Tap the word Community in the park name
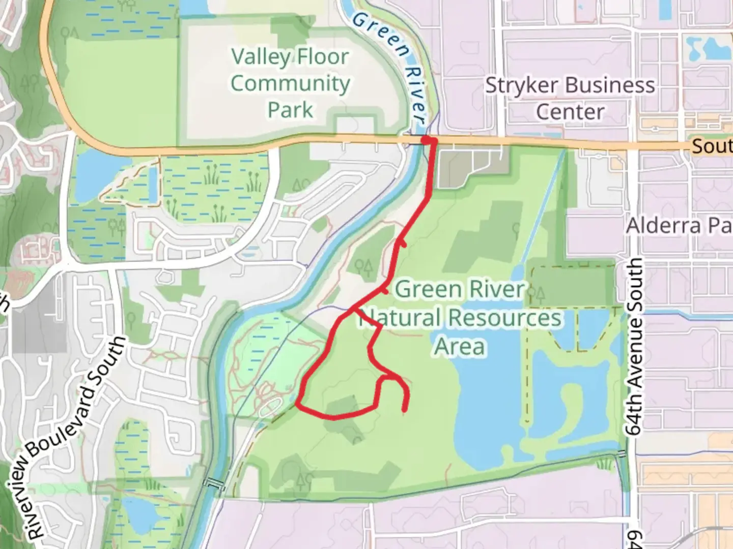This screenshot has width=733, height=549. [290, 83]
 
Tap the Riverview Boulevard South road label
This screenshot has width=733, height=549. [76, 437]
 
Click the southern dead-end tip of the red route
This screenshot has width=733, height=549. [405, 410]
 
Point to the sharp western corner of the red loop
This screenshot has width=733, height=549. [297, 405]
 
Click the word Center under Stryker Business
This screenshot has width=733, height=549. [570, 112]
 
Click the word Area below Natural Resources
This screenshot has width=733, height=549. [460, 347]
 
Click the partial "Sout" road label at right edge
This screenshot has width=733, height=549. [712, 147]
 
